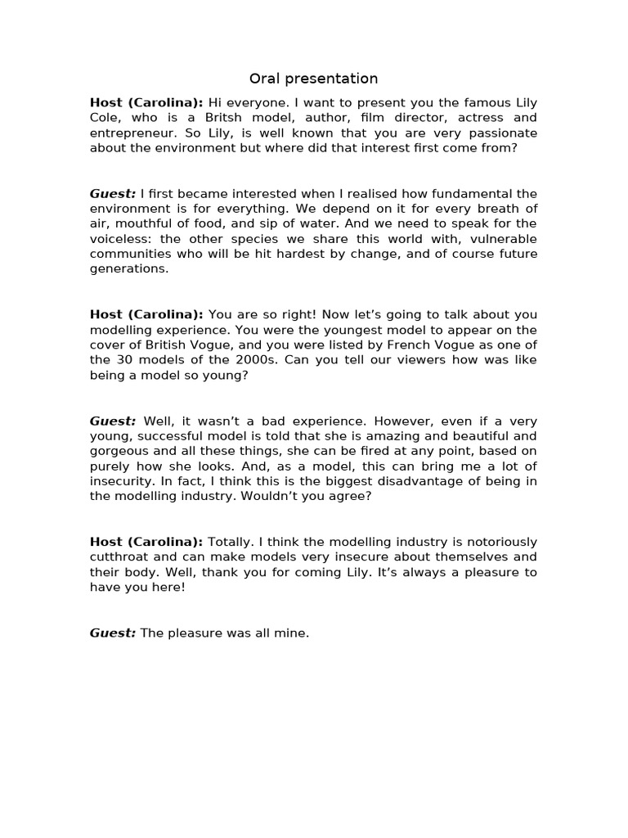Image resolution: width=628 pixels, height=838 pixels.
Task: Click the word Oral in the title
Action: coord(263,79)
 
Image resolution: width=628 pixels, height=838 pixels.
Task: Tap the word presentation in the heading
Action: coord(329,79)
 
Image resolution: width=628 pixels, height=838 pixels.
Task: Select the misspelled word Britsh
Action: coord(219,118)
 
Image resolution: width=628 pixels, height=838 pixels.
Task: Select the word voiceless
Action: coord(122,238)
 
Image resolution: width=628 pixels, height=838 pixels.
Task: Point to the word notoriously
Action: coord(498,542)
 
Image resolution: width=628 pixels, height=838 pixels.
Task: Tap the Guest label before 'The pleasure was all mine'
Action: coord(113,633)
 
